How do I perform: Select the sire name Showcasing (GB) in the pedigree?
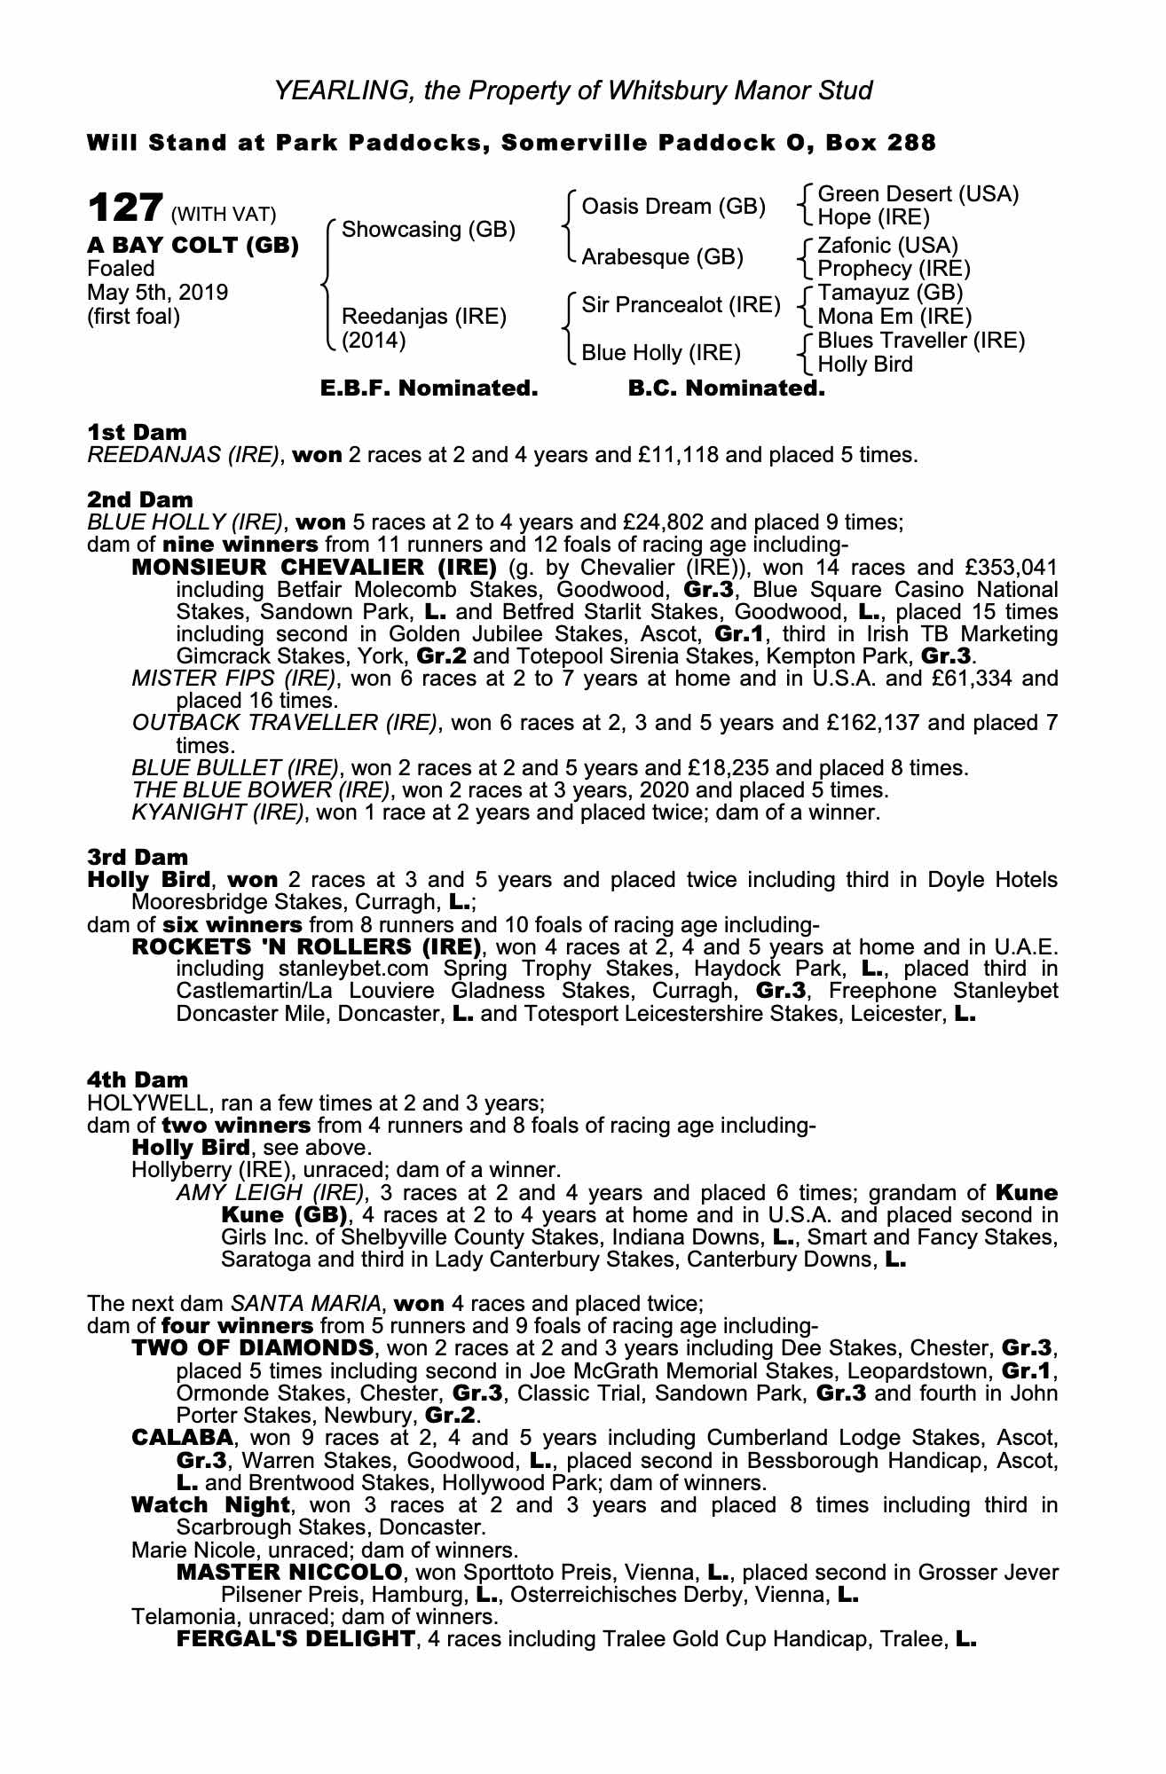[x=428, y=230]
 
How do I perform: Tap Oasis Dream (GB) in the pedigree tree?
[x=673, y=207]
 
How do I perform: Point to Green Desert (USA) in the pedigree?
[x=918, y=194]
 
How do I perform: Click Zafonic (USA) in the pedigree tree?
[x=887, y=245]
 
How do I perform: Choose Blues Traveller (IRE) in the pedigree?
[x=920, y=341]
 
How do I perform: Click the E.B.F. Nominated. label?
[x=429, y=389]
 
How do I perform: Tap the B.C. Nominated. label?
[x=726, y=389]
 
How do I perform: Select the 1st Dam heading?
[x=137, y=433]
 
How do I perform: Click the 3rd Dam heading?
[x=138, y=857]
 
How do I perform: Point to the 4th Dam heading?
[x=138, y=1079]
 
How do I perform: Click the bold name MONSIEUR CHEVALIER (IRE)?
[x=313, y=567]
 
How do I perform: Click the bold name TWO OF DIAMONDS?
[x=252, y=1348]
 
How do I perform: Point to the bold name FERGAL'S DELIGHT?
[x=295, y=1639]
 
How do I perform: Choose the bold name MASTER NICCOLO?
[x=289, y=1573]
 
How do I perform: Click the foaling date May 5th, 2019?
[x=157, y=293]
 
